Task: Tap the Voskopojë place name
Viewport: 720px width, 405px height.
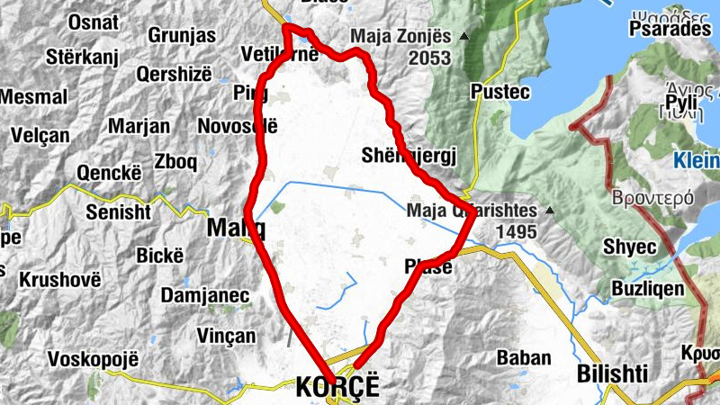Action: point(94,358)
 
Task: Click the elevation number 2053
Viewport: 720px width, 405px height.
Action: point(427,58)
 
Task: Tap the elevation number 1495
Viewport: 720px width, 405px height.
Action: point(515,232)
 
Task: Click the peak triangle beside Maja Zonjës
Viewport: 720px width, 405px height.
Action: point(464,37)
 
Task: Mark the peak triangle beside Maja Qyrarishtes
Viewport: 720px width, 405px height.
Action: point(549,212)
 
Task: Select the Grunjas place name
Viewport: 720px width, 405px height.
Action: point(182,36)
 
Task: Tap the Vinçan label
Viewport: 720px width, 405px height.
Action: point(225,336)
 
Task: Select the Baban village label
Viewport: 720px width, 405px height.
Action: point(524,357)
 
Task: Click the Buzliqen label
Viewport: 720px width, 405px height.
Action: point(648,289)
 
